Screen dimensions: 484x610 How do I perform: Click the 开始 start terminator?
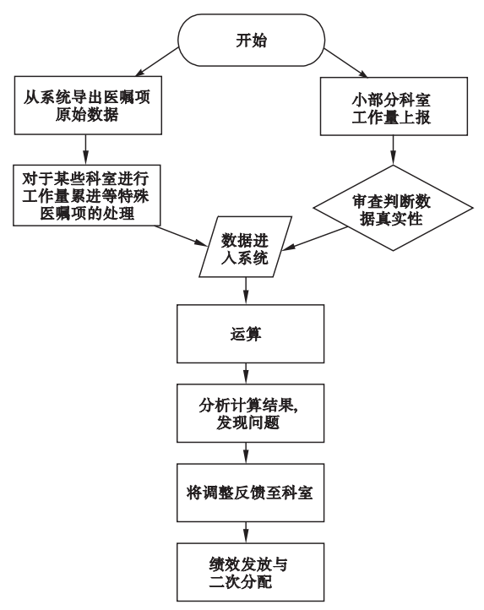coord(251,40)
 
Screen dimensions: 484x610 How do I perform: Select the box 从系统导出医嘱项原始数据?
coord(88,106)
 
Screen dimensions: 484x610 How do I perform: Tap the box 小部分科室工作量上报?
coord(394,106)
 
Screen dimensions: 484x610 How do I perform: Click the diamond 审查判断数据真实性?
coord(393,208)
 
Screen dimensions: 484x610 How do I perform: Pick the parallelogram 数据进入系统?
coord(246,247)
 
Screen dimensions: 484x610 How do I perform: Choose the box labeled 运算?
coord(251,334)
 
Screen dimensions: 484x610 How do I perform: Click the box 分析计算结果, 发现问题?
coord(251,413)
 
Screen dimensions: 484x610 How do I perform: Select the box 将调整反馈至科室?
coord(251,493)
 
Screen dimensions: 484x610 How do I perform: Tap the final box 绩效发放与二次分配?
coord(251,572)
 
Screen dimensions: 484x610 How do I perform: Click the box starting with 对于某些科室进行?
coord(87,195)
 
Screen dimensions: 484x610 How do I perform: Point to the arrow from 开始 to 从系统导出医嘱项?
coord(157,62)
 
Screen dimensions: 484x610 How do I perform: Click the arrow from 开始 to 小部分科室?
coord(345,63)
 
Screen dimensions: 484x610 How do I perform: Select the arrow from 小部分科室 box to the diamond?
coord(393,150)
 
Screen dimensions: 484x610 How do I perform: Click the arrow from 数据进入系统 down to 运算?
coord(246,291)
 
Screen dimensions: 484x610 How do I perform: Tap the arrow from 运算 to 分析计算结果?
coord(246,373)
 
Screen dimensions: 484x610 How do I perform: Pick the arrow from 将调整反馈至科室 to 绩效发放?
coord(246,532)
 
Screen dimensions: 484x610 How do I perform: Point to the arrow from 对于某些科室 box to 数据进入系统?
coord(182,236)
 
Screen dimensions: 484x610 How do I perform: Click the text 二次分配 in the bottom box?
coord(241,582)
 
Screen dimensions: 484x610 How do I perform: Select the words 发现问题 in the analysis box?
coord(247,423)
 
